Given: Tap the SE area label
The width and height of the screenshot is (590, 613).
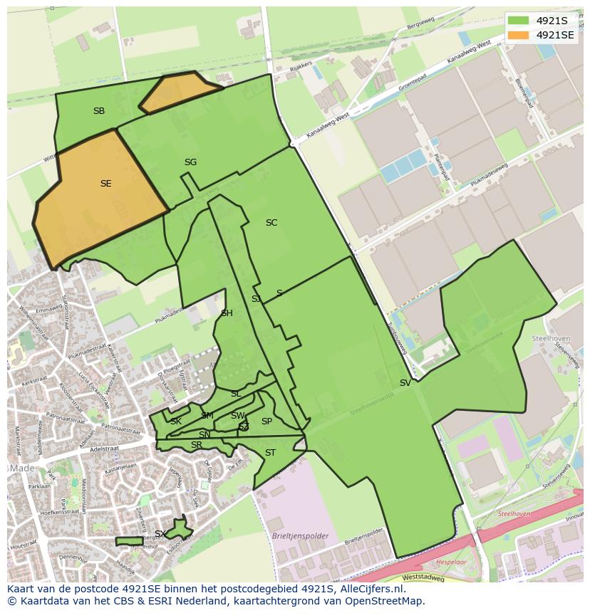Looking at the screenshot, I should pyautogui.click(x=105, y=184).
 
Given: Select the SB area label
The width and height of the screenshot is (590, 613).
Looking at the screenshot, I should pyautogui.click(x=99, y=111).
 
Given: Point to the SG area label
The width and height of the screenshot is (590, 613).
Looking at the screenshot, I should pyautogui.click(x=190, y=162).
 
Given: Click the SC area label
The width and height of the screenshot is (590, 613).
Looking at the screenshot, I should pyautogui.click(x=271, y=223).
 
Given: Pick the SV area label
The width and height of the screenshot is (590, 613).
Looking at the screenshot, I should pyautogui.click(x=405, y=383).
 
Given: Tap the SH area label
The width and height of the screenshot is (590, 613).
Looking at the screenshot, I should pyautogui.click(x=227, y=313).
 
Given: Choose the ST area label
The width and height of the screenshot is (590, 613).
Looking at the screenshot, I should pyautogui.click(x=270, y=453).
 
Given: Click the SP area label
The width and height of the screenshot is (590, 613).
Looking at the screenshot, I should pyautogui.click(x=266, y=421).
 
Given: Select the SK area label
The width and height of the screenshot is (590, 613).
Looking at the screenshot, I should pyautogui.click(x=175, y=421).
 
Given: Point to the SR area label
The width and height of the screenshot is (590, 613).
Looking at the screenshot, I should pyautogui.click(x=197, y=446).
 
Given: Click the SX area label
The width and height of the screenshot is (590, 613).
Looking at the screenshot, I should pyautogui.click(x=160, y=534).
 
